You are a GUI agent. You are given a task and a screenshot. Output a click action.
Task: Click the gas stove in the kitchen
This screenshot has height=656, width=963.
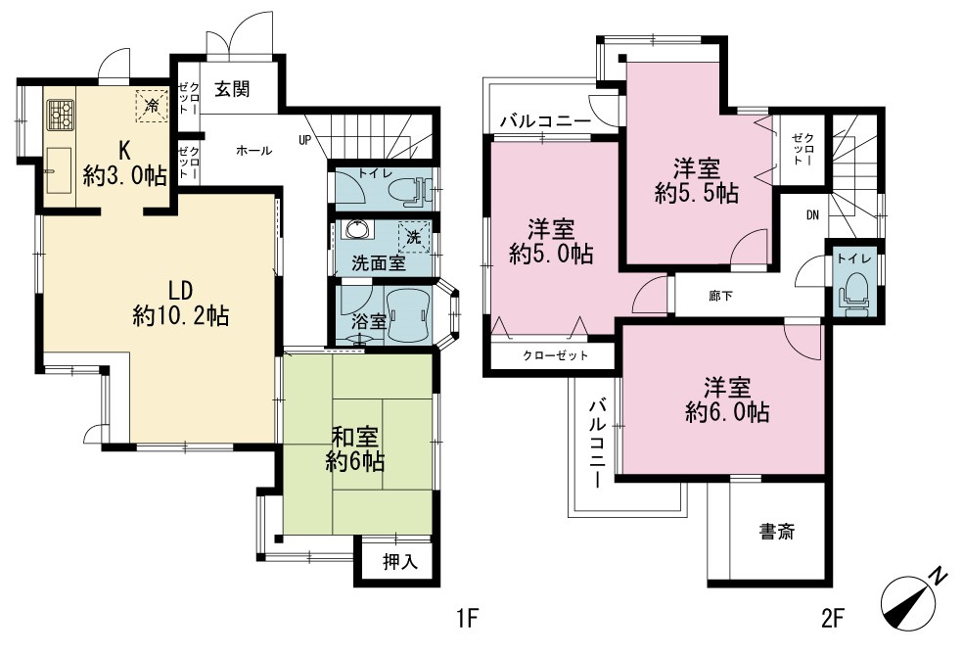click(x=61, y=115)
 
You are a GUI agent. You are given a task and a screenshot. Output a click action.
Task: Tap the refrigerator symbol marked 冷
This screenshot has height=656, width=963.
click(x=151, y=106)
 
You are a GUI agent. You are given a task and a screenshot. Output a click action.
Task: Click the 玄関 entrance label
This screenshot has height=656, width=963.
click(x=232, y=90)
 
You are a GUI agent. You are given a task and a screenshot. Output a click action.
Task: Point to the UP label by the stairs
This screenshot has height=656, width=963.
click(x=304, y=140)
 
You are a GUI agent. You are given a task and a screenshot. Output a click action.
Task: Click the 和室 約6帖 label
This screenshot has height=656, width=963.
click(x=355, y=449)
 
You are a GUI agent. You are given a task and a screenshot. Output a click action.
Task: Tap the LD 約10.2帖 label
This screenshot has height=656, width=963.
click(x=180, y=304)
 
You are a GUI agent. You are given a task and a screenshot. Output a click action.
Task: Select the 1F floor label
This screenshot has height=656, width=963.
click(x=468, y=618)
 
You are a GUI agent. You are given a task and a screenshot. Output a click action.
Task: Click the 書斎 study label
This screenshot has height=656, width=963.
click(x=777, y=532)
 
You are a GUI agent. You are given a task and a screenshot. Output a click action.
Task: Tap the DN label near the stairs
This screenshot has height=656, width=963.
click(x=812, y=215)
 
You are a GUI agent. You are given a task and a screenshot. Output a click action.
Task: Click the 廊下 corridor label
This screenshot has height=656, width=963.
click(x=719, y=296)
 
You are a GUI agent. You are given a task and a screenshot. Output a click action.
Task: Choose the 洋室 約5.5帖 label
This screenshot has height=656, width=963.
click(x=697, y=180)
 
